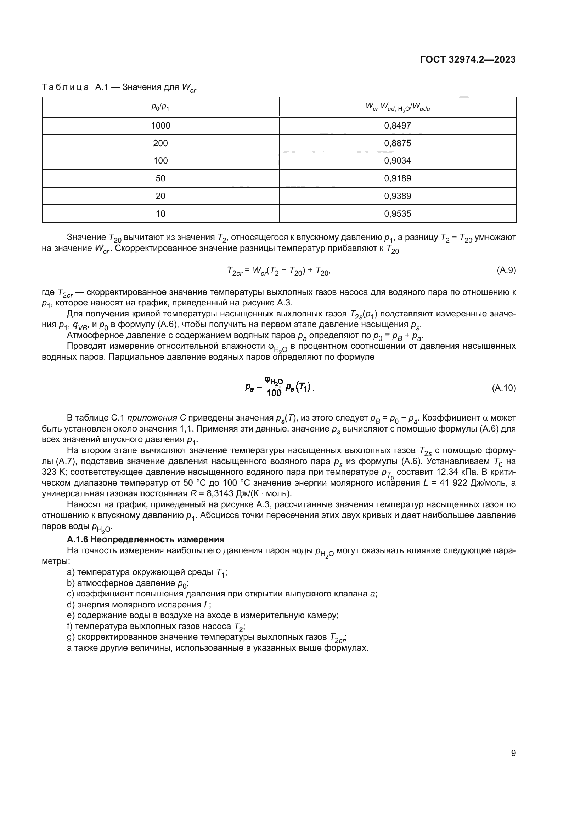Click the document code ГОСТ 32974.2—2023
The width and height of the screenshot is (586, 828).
click(x=468, y=60)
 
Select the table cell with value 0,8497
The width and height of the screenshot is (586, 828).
click(x=397, y=126)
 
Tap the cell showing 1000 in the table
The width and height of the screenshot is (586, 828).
click(x=160, y=126)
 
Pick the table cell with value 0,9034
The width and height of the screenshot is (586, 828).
click(x=397, y=160)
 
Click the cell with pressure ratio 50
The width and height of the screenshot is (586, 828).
click(x=160, y=178)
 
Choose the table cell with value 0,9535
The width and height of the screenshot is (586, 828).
click(x=397, y=213)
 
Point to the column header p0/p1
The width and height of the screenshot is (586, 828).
click(x=160, y=107)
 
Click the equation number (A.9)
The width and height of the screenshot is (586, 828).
click(x=506, y=270)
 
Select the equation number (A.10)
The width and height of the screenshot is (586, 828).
click(x=504, y=388)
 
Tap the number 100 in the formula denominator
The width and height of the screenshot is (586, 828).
click(x=274, y=393)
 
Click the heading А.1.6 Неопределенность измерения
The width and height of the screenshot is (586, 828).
click(x=145, y=539)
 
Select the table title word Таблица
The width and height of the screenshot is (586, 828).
click(x=65, y=87)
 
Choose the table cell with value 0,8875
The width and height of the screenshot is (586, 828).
click(x=397, y=143)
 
